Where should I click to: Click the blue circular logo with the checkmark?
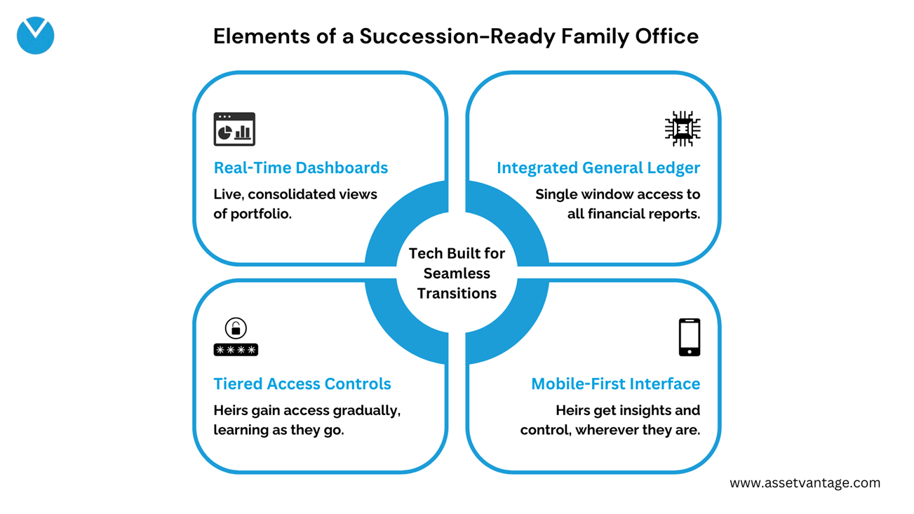[x=36, y=36]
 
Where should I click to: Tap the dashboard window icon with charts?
[x=234, y=129]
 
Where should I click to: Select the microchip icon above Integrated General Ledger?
[x=683, y=128]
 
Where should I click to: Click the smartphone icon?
[x=690, y=337]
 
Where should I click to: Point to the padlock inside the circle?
[x=236, y=328]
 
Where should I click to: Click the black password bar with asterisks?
[x=236, y=350]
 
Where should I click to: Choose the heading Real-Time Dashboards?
[x=301, y=168]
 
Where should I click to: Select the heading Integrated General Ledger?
[x=598, y=168]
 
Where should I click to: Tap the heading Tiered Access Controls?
[x=302, y=384]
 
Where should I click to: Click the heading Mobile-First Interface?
[x=616, y=384]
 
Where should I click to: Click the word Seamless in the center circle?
[x=457, y=273]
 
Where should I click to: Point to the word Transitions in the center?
[x=457, y=293]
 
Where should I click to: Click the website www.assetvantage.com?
[x=805, y=483]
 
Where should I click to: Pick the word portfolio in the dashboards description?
[x=261, y=214]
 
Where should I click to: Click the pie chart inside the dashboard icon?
[x=224, y=133]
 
